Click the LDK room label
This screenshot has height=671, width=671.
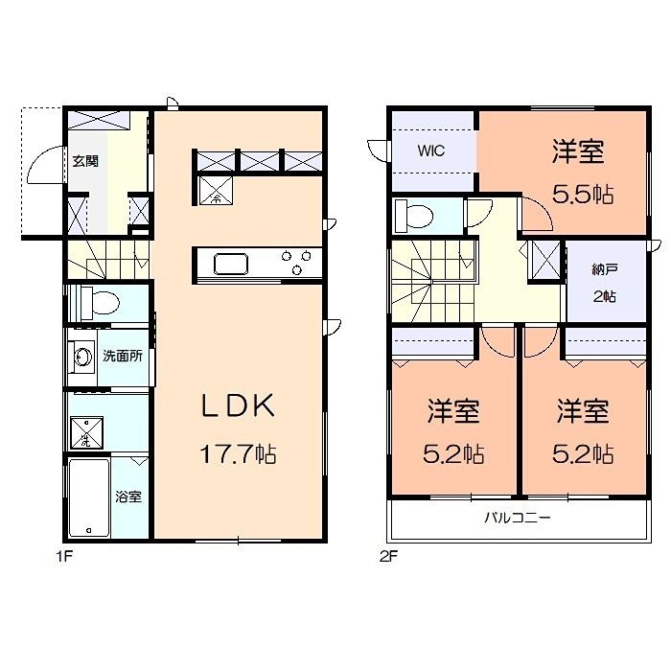[x=238, y=406]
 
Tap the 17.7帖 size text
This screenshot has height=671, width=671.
[x=238, y=453]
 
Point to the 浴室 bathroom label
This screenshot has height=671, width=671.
[x=128, y=497]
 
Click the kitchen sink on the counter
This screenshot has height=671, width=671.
[x=231, y=263]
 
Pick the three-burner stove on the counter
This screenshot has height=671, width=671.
[x=294, y=257]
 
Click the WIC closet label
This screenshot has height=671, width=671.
[x=429, y=150]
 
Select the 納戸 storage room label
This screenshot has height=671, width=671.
[x=604, y=270]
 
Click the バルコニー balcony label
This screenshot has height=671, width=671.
[x=516, y=519]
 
